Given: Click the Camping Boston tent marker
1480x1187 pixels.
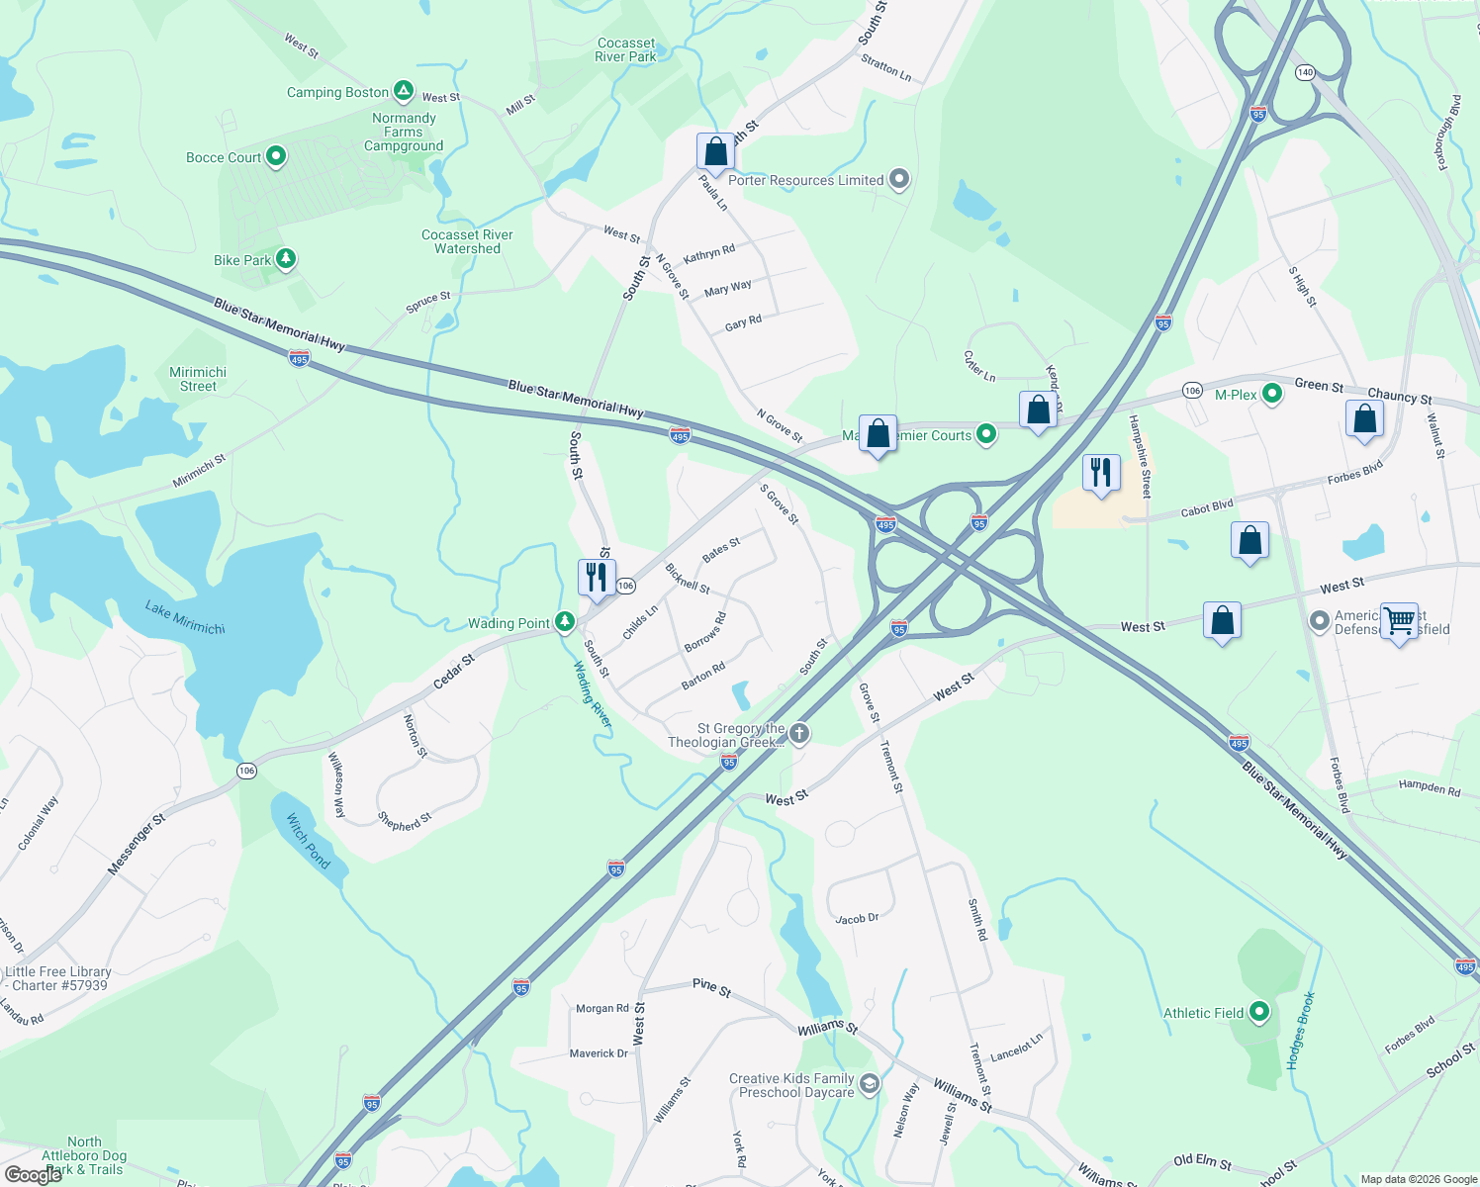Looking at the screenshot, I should [x=404, y=92].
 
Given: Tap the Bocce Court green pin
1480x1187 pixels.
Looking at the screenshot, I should [x=276, y=156].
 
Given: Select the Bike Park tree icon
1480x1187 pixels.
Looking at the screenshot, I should [x=286, y=259].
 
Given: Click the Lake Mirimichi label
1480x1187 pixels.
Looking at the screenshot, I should [x=185, y=617].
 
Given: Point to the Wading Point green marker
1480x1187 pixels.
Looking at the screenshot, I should [x=564, y=622].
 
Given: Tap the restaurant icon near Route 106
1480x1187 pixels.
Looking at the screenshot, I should [x=597, y=578].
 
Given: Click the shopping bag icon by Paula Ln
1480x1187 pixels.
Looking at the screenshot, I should [x=715, y=152].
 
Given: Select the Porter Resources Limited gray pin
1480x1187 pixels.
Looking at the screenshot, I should [x=899, y=179].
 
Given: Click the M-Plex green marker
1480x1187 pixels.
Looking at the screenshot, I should [x=1272, y=395].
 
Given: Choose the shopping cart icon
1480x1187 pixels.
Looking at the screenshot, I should [x=1400, y=621].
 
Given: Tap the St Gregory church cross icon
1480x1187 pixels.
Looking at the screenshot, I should [x=799, y=734].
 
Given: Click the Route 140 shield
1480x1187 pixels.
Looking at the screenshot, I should [x=1305, y=72].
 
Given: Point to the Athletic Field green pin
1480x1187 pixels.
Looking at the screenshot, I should [x=1259, y=1012].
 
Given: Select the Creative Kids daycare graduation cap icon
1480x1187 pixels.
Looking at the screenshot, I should [x=869, y=1084].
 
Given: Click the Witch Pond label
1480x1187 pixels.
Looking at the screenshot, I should [x=309, y=841].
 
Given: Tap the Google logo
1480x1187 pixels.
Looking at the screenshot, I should [x=34, y=1174].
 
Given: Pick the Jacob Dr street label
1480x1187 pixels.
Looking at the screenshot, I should [x=857, y=919].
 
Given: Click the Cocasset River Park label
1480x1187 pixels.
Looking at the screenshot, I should [x=625, y=50].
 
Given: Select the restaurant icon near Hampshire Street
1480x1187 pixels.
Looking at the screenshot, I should [x=1101, y=473].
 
